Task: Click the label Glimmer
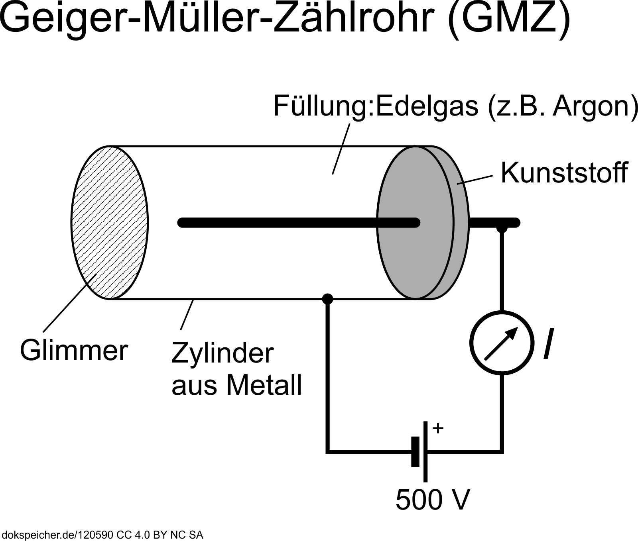tap(74, 351)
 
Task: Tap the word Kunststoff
tap(564, 173)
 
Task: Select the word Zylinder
tap(223, 353)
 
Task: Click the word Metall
tap(264, 385)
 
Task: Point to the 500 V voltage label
tap(433, 500)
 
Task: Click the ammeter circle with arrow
tap(502, 342)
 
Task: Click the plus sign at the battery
tap(438, 428)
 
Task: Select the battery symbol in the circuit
tap(421, 451)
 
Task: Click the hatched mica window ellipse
tap(109, 222)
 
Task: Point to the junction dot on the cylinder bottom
tap(327, 298)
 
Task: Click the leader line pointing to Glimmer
tap(69, 304)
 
